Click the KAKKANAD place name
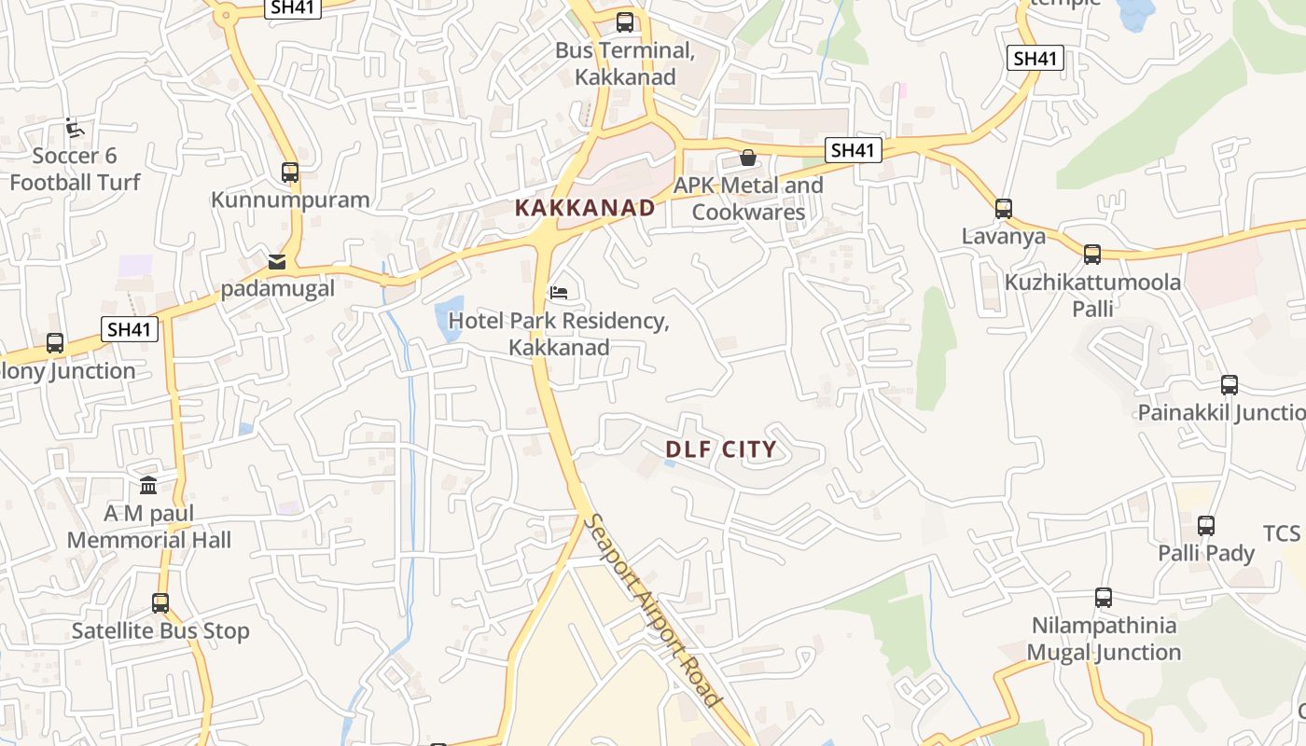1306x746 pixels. [x=585, y=208]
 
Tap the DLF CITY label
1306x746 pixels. [x=720, y=449]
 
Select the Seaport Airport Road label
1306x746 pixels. [x=653, y=610]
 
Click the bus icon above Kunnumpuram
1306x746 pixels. [x=290, y=173]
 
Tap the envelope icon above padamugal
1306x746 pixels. [x=277, y=261]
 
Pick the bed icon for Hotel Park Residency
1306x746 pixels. [x=559, y=294]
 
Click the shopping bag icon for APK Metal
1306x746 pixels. [x=747, y=158]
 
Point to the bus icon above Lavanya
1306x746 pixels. [x=1004, y=209]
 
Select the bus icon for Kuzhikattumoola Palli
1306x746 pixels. [x=1092, y=254]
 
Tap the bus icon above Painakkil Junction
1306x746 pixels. [x=1230, y=384]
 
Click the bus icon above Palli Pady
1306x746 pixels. [x=1206, y=526]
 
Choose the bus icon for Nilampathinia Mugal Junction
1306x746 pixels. [x=1104, y=598]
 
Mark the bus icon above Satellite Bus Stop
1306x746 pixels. [x=160, y=603]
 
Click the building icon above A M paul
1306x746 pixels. [x=148, y=485]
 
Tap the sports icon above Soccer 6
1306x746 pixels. [x=75, y=129]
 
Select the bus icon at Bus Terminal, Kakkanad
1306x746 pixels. [x=625, y=22]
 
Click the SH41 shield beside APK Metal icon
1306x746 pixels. [x=853, y=150]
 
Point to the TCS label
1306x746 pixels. [x=1281, y=533]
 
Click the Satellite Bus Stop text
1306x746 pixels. [x=160, y=631]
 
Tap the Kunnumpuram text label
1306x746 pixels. [x=290, y=200]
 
